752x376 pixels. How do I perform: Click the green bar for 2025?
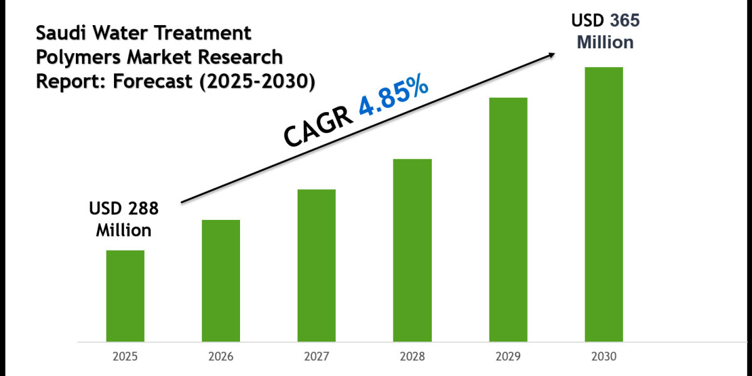click(x=125, y=296)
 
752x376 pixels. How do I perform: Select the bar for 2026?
click(x=221, y=281)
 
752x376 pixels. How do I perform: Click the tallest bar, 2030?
click(x=604, y=204)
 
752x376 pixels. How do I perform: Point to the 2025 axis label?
click(x=125, y=357)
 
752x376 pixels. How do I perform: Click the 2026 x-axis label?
click(x=221, y=357)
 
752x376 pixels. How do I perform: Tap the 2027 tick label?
click(x=316, y=357)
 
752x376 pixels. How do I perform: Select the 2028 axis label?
click(x=412, y=357)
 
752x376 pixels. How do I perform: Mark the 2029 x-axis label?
click(x=508, y=357)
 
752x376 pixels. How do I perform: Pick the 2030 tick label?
click(x=604, y=357)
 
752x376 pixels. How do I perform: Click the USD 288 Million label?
click(x=123, y=219)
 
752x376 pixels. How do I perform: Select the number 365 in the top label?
click(x=624, y=21)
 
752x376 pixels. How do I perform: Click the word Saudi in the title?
click(x=61, y=33)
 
